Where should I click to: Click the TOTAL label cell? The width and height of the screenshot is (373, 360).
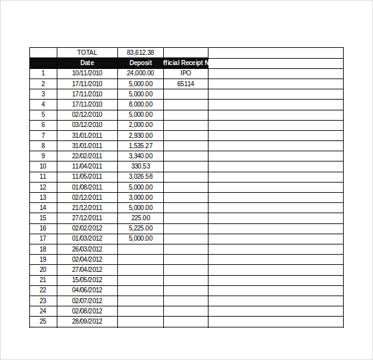click(x=87, y=52)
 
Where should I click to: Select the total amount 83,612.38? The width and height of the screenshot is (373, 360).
click(x=140, y=52)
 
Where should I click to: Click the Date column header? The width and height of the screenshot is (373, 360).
click(x=87, y=63)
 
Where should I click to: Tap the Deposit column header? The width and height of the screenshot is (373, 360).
click(x=140, y=63)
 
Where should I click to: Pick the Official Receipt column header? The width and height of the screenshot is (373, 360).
click(x=186, y=63)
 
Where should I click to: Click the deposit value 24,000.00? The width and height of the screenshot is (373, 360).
click(x=140, y=73)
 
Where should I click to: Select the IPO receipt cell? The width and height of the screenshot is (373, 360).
click(x=186, y=73)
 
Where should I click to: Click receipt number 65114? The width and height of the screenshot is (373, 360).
click(x=186, y=84)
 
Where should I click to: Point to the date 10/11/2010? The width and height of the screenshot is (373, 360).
click(x=87, y=73)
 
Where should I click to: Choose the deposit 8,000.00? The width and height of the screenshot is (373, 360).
click(x=140, y=104)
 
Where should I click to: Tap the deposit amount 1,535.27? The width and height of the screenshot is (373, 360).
click(x=140, y=146)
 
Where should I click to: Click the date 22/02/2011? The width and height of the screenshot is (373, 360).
click(x=87, y=156)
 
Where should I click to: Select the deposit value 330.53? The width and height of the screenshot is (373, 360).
click(x=140, y=166)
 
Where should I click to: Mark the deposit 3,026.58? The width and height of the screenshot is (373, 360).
click(x=140, y=176)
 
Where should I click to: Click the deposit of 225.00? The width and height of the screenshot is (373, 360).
click(x=140, y=218)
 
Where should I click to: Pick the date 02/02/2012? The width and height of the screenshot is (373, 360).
click(x=87, y=228)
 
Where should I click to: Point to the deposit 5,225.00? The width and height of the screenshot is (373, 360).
click(x=140, y=228)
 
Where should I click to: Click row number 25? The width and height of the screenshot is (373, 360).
click(x=43, y=321)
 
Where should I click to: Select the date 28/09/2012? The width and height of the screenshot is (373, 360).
click(x=87, y=321)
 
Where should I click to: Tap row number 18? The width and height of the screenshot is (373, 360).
click(x=43, y=249)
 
